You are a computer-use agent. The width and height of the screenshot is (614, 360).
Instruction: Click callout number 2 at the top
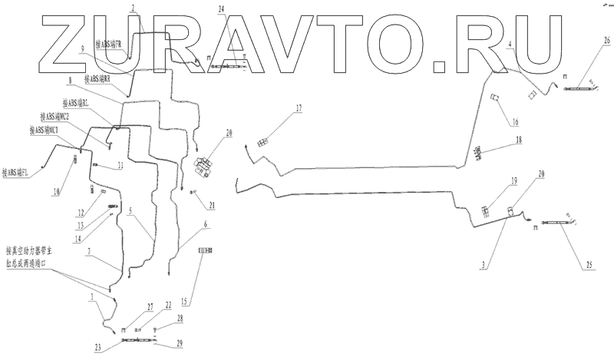pos(133,8)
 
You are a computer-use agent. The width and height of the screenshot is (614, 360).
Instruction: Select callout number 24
pos(221,8)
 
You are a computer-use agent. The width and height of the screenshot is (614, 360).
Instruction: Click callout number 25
pos(589,265)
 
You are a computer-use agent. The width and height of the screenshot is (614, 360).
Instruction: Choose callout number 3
pos(483,265)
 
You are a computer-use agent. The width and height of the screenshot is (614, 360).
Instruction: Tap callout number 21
pos(212,206)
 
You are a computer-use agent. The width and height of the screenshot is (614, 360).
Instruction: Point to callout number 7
pos(91,251)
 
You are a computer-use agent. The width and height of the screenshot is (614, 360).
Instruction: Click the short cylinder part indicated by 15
pos(205,250)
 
